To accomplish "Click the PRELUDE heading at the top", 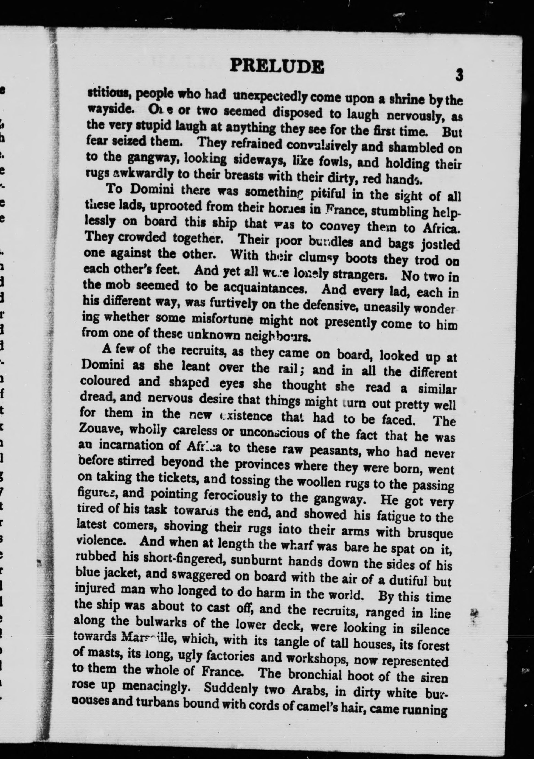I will point(277,66).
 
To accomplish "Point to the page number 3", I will point(459,74).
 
